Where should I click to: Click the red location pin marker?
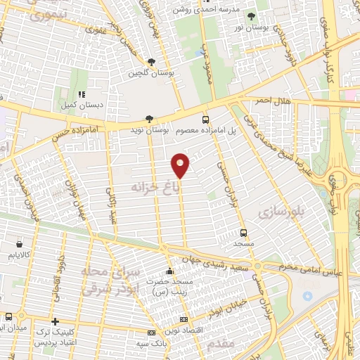[181, 165]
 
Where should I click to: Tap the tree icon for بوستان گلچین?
[152, 62]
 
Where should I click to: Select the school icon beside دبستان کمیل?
[82, 94]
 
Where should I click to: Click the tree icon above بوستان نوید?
[148, 120]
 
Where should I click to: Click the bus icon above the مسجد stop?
[243, 232]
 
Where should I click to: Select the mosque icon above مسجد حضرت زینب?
[168, 271]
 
